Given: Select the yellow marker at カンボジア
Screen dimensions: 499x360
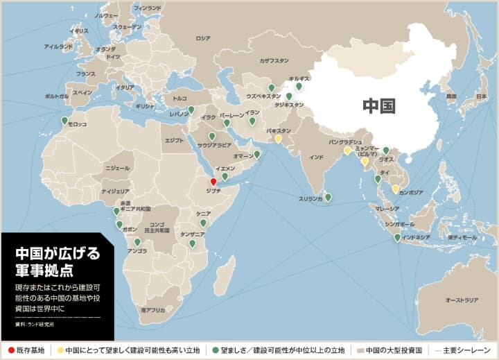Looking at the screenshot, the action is (395, 188).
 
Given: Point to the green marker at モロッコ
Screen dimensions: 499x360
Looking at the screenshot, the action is (64, 121).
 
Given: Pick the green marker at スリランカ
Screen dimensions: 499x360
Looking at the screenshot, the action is (328, 197).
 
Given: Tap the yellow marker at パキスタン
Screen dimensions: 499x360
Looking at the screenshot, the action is (278, 138).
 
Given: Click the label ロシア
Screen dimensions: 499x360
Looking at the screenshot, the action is (203, 39).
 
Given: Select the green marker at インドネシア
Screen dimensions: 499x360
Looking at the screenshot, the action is (397, 237).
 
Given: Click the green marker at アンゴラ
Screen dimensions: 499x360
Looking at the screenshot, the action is (137, 241).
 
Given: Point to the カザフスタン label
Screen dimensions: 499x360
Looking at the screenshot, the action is (272, 60).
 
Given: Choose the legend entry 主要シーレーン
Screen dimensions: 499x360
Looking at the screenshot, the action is (469, 351).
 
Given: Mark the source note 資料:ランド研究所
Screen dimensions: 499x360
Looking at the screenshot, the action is (34, 324).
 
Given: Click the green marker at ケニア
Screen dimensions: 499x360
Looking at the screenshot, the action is (203, 223).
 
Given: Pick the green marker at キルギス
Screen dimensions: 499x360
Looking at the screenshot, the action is (299, 86).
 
